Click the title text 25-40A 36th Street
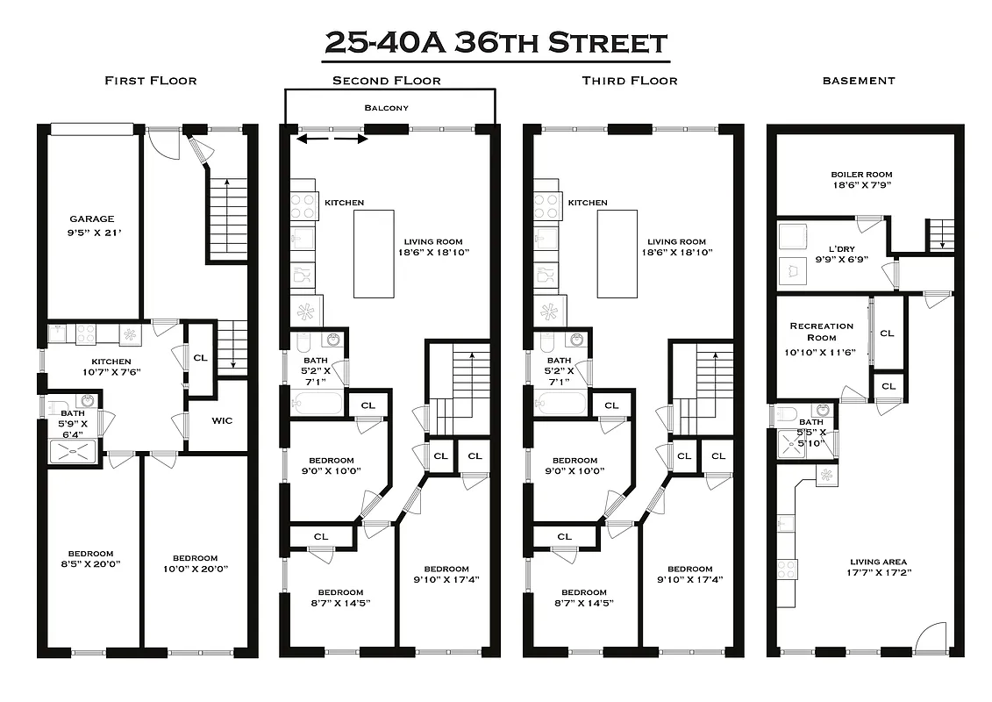(496, 42)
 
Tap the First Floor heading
(150, 81)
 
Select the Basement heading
(859, 81)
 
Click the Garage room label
(92, 219)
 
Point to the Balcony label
(387, 108)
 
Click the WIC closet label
(222, 421)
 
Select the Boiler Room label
(860, 175)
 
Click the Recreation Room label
(821, 332)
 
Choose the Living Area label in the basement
(878, 562)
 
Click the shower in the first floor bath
(74, 449)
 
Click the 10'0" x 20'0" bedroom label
(195, 563)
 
